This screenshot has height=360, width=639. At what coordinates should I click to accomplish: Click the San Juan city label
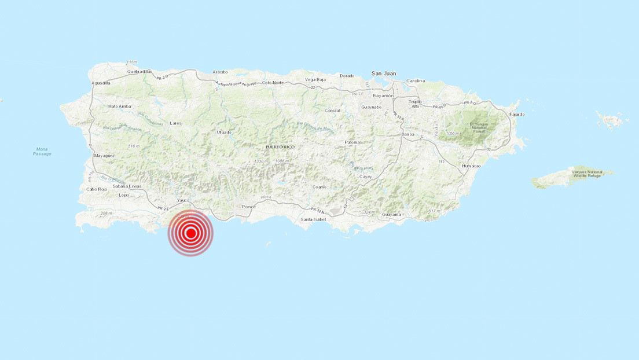point(384,74)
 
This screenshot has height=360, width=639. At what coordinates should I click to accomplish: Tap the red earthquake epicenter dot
point(190,234)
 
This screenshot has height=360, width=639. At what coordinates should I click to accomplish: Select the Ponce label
point(249,207)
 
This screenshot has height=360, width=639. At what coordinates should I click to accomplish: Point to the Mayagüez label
point(104,156)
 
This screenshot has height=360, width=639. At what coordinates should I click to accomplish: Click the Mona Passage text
point(42,151)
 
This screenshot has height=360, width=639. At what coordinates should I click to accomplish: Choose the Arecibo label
point(220,72)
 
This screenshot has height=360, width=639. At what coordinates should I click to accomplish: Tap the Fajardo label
point(516,114)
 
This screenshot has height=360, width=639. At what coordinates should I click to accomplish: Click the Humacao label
point(471,166)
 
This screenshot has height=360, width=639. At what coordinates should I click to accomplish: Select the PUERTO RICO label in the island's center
point(280,147)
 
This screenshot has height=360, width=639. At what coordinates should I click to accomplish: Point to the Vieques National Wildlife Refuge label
point(586,173)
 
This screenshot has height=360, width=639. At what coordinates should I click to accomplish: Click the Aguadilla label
point(101,83)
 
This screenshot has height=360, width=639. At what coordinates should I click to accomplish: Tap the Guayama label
point(392,215)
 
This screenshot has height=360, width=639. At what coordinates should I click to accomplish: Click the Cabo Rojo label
point(98,189)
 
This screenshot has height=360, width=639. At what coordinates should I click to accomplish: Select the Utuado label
point(224,133)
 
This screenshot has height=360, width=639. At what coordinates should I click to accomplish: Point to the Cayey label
point(366,176)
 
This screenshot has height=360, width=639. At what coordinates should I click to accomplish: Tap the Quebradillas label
point(139,72)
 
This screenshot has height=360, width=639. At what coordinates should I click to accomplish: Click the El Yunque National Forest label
point(480,126)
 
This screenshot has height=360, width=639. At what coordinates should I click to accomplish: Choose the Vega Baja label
point(316,79)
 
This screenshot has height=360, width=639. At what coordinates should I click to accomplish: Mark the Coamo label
point(319,187)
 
